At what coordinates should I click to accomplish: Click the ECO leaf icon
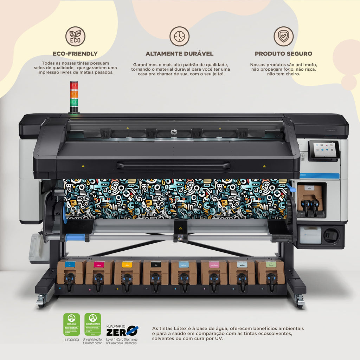tap(75, 36)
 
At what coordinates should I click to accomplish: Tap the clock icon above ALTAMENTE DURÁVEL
tap(179, 36)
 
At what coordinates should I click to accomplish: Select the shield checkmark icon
tap(283, 36)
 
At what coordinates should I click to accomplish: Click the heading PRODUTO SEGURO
tap(283, 54)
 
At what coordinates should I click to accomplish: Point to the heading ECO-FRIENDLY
tap(75, 54)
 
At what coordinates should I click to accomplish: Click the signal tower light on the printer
tap(74, 97)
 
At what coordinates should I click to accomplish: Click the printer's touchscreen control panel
tap(324, 150)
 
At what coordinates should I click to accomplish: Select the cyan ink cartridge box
tap(70, 272)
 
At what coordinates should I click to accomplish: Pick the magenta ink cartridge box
tap(99, 272)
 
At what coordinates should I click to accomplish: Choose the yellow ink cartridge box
tap(127, 272)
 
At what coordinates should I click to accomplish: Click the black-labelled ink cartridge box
tap(155, 272)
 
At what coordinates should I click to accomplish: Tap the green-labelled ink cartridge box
tap(270, 272)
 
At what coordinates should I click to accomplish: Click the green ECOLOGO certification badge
tap(71, 324)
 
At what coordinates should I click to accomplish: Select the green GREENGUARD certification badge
tap(92, 324)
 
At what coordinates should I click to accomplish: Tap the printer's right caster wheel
tap(300, 302)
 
